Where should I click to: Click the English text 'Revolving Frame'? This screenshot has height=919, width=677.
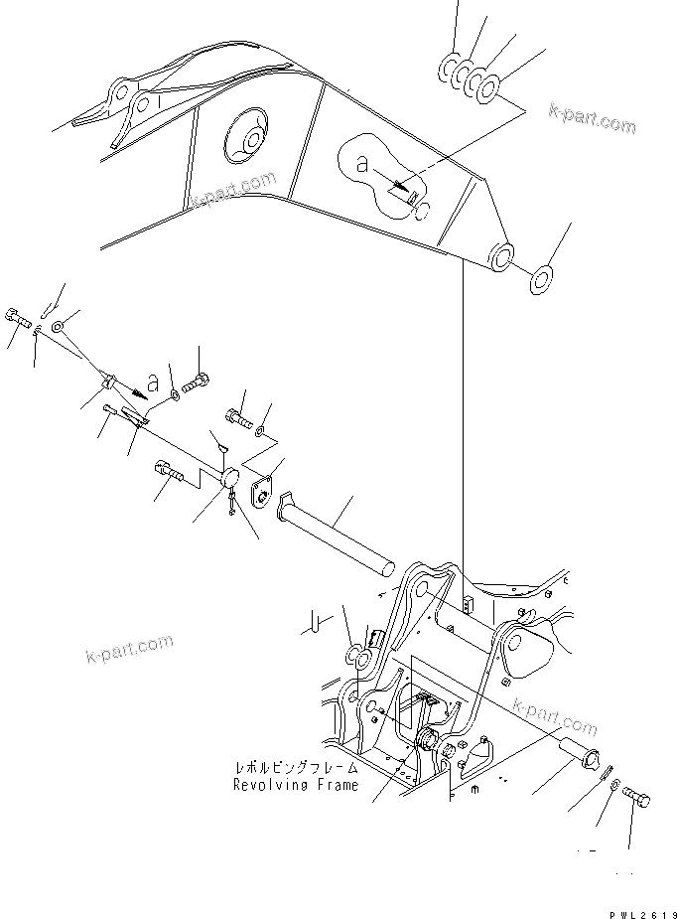coord(295,785)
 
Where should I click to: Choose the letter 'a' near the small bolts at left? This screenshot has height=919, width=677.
coord(152,381)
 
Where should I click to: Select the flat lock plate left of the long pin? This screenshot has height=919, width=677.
coord(264,493)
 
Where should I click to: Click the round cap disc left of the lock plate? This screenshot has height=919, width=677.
coord(228,479)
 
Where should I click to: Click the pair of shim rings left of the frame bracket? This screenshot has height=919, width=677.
coord(358,657)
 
